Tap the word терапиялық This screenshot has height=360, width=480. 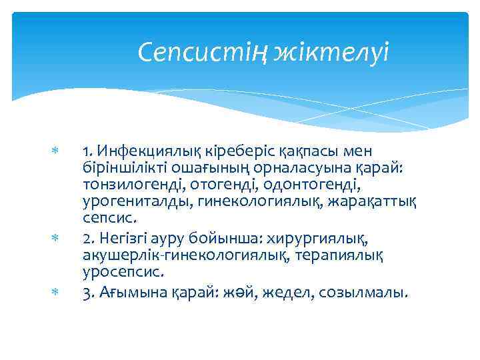[351, 256]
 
